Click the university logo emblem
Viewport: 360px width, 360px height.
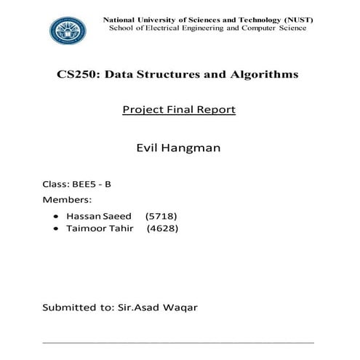[67, 30]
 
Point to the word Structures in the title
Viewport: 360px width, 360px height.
[180, 74]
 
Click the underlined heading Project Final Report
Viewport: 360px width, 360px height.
[179, 110]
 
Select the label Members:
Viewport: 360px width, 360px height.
[68, 199]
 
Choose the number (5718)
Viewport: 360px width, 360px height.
[161, 216]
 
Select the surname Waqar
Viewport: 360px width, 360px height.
[180, 308]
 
